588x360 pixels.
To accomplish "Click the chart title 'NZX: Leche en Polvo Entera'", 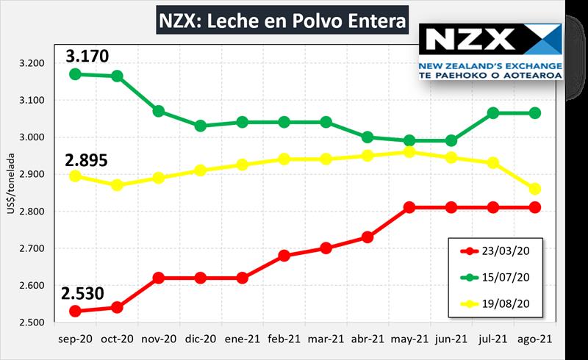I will [x=282, y=22].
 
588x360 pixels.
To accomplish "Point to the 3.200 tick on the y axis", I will [x=33, y=63].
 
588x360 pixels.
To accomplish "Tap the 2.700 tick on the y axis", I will [x=33, y=248].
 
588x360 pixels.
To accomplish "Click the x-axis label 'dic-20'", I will [x=200, y=339].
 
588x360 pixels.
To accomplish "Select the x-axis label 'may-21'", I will [x=409, y=339].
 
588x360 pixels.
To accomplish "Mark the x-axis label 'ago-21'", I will [x=535, y=339].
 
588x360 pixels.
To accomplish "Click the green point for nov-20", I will [x=158, y=111].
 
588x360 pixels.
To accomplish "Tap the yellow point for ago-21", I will [x=535, y=189].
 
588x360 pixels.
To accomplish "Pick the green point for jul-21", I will [x=493, y=113].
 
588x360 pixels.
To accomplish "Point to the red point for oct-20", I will [x=116, y=307].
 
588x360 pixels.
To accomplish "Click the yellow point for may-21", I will [x=409, y=152].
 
